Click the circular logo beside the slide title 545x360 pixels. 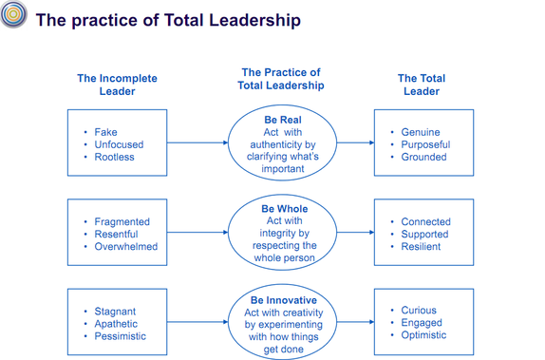coord(13,19)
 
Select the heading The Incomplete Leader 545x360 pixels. coord(117,85)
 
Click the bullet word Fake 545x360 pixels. coord(106,132)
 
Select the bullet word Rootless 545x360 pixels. coord(114,157)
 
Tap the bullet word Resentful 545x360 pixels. coord(116,234)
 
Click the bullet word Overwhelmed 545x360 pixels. coord(125,246)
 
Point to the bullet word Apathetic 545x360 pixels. coord(116,324)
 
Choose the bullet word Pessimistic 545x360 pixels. coord(121,336)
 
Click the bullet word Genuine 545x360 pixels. coord(421,132)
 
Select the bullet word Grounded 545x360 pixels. coord(423,157)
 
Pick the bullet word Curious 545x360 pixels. coord(419,311)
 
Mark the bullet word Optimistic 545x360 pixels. coord(424,335)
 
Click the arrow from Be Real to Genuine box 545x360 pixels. coord(353,143)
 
